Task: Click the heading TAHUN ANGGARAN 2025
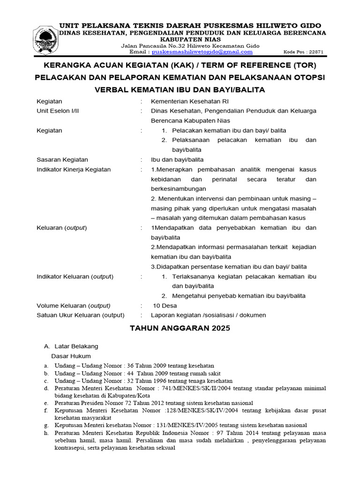(180, 329)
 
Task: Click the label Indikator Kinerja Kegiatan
(74, 169)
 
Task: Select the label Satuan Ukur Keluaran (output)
(81, 315)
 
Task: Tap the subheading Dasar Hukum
(71, 356)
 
